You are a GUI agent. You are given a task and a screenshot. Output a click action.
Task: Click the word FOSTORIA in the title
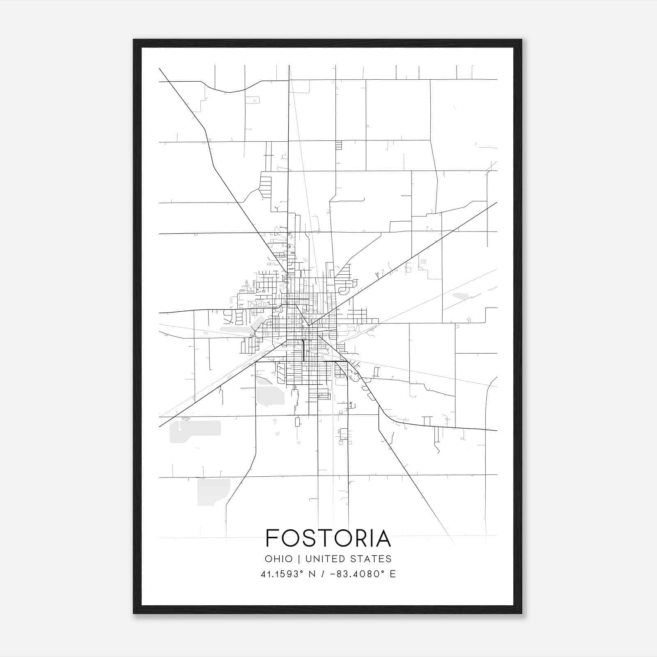pyautogui.click(x=328, y=538)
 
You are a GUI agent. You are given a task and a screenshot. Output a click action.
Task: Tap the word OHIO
pyautogui.click(x=279, y=559)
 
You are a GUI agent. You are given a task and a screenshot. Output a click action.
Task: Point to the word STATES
pyautogui.click(x=373, y=559)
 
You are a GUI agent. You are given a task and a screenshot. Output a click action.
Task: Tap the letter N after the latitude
pyautogui.click(x=312, y=574)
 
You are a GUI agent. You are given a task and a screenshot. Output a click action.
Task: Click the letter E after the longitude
pyautogui.click(x=393, y=574)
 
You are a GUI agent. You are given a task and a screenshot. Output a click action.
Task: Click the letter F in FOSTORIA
pyautogui.click(x=272, y=538)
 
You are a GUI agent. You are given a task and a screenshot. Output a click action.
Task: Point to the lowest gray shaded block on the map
pyautogui.click(x=213, y=491)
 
